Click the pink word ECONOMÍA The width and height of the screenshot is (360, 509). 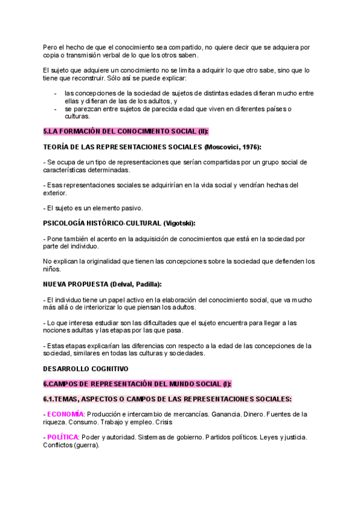(65, 414)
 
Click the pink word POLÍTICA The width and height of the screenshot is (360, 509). (63, 437)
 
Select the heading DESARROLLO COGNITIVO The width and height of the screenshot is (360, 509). (85, 369)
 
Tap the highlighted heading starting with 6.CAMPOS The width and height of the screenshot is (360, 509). (137, 384)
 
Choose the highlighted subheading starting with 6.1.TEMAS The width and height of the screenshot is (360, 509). (167, 399)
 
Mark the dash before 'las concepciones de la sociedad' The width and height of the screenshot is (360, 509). (56, 93)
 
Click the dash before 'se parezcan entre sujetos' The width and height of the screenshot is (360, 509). (56, 109)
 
